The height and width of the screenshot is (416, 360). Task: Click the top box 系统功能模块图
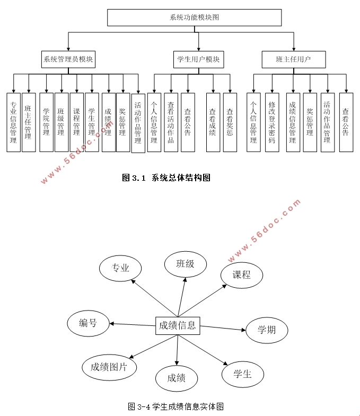(194, 17)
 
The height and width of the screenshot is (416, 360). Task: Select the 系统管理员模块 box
(68, 59)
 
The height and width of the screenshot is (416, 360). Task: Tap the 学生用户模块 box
(198, 59)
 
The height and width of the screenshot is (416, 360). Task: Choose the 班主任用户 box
(293, 59)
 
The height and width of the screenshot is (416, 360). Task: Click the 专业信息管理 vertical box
(13, 122)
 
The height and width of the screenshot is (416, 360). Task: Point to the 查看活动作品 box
(171, 122)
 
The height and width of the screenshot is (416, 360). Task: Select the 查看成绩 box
(213, 122)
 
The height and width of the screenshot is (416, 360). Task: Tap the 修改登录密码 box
(272, 122)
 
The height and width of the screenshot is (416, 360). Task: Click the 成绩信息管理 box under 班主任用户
(293, 122)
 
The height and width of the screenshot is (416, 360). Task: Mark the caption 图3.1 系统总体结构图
(166, 178)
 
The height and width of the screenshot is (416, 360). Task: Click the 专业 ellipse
(120, 268)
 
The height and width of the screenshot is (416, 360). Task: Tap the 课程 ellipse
(242, 275)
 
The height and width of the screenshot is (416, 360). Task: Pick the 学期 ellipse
(266, 330)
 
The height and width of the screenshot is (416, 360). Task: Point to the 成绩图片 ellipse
(109, 367)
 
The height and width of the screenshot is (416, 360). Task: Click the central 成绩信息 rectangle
(177, 325)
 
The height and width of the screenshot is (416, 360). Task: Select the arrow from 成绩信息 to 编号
(133, 324)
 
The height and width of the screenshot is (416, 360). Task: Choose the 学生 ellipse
(242, 375)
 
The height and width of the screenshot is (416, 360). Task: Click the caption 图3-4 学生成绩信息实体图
(175, 406)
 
